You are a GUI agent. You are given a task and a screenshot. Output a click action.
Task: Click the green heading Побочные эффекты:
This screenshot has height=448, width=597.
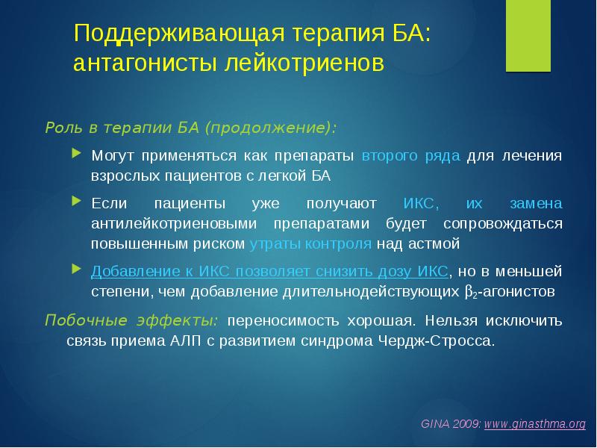(x=132, y=320)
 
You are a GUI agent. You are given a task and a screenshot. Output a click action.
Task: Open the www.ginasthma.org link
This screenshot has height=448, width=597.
(x=535, y=424)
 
